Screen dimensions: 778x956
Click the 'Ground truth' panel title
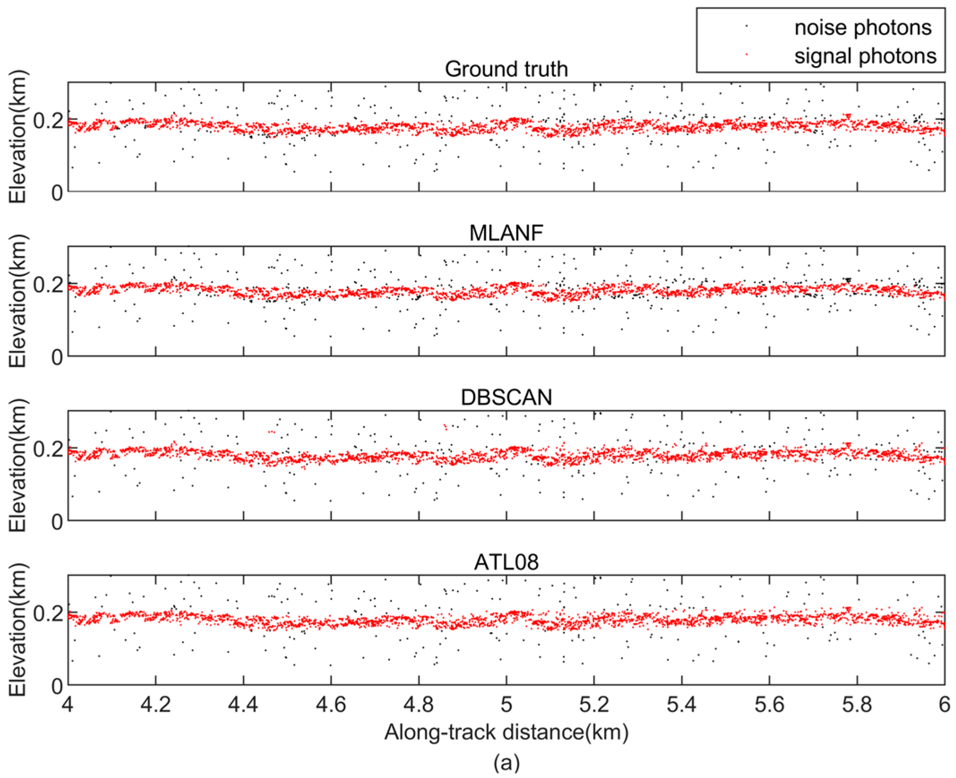[506, 69]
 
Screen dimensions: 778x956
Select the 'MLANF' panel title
[506, 233]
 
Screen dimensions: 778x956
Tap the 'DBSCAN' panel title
[506, 398]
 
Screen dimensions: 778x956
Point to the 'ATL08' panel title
[506, 562]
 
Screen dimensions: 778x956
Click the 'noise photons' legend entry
[863, 28]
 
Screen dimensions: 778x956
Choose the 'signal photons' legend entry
[865, 56]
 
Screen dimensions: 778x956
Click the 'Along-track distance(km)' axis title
[506, 732]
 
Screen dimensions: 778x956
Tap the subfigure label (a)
[506, 762]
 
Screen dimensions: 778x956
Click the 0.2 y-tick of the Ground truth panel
[48, 120]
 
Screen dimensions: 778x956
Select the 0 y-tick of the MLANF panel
[57, 357]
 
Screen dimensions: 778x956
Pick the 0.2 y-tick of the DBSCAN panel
[48, 448]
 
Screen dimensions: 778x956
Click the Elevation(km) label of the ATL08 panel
[18, 630]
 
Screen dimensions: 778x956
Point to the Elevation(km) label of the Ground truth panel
[18, 137]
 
